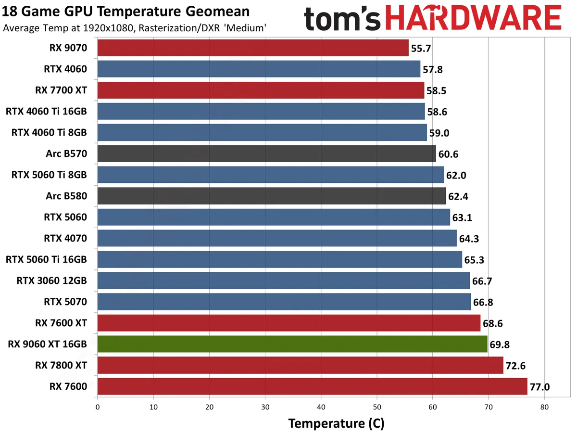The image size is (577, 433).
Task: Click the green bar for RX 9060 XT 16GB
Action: pyautogui.click(x=292, y=344)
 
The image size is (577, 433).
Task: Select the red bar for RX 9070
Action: pyautogui.click(x=253, y=48)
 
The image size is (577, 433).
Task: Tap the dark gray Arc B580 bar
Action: pyautogui.click(x=272, y=196)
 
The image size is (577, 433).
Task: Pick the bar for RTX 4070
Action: pyautogui.click(x=277, y=238)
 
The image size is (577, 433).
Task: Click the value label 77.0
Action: pyautogui.click(x=539, y=387)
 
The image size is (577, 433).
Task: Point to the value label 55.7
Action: pyautogui.click(x=421, y=48)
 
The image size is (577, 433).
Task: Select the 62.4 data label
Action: pyautogui.click(x=459, y=196)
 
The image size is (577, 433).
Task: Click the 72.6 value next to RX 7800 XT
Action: pyautogui.click(x=516, y=366)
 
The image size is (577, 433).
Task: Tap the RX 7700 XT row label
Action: pyautogui.click(x=61, y=90)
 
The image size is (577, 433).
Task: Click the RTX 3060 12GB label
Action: pyautogui.click(x=52, y=280)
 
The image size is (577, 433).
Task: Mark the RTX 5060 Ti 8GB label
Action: pyautogui.click(x=49, y=175)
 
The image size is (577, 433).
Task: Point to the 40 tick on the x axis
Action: pyautogui.click(x=321, y=407)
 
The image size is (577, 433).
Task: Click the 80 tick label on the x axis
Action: pyautogui.click(x=544, y=407)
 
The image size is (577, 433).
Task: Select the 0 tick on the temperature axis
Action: pyautogui.click(x=98, y=407)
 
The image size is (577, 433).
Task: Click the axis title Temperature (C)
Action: pyautogui.click(x=336, y=423)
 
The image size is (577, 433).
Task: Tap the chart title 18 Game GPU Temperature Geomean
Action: pyautogui.click(x=126, y=12)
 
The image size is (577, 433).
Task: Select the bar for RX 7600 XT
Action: pyautogui.click(x=289, y=323)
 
